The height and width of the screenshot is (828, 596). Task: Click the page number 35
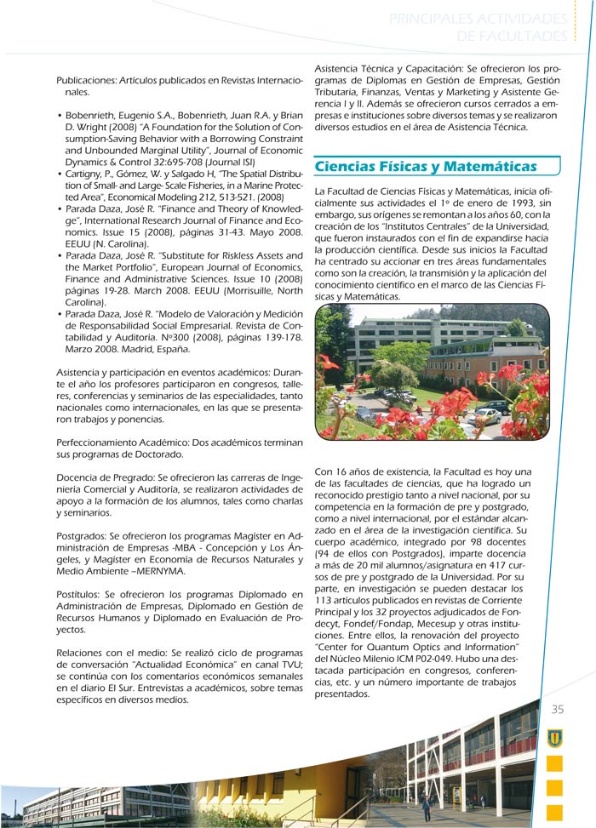558,710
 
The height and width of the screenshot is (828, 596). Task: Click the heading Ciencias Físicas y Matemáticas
426,166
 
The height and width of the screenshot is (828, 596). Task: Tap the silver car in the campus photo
487,416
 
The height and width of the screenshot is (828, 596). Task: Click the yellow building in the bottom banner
255,787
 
